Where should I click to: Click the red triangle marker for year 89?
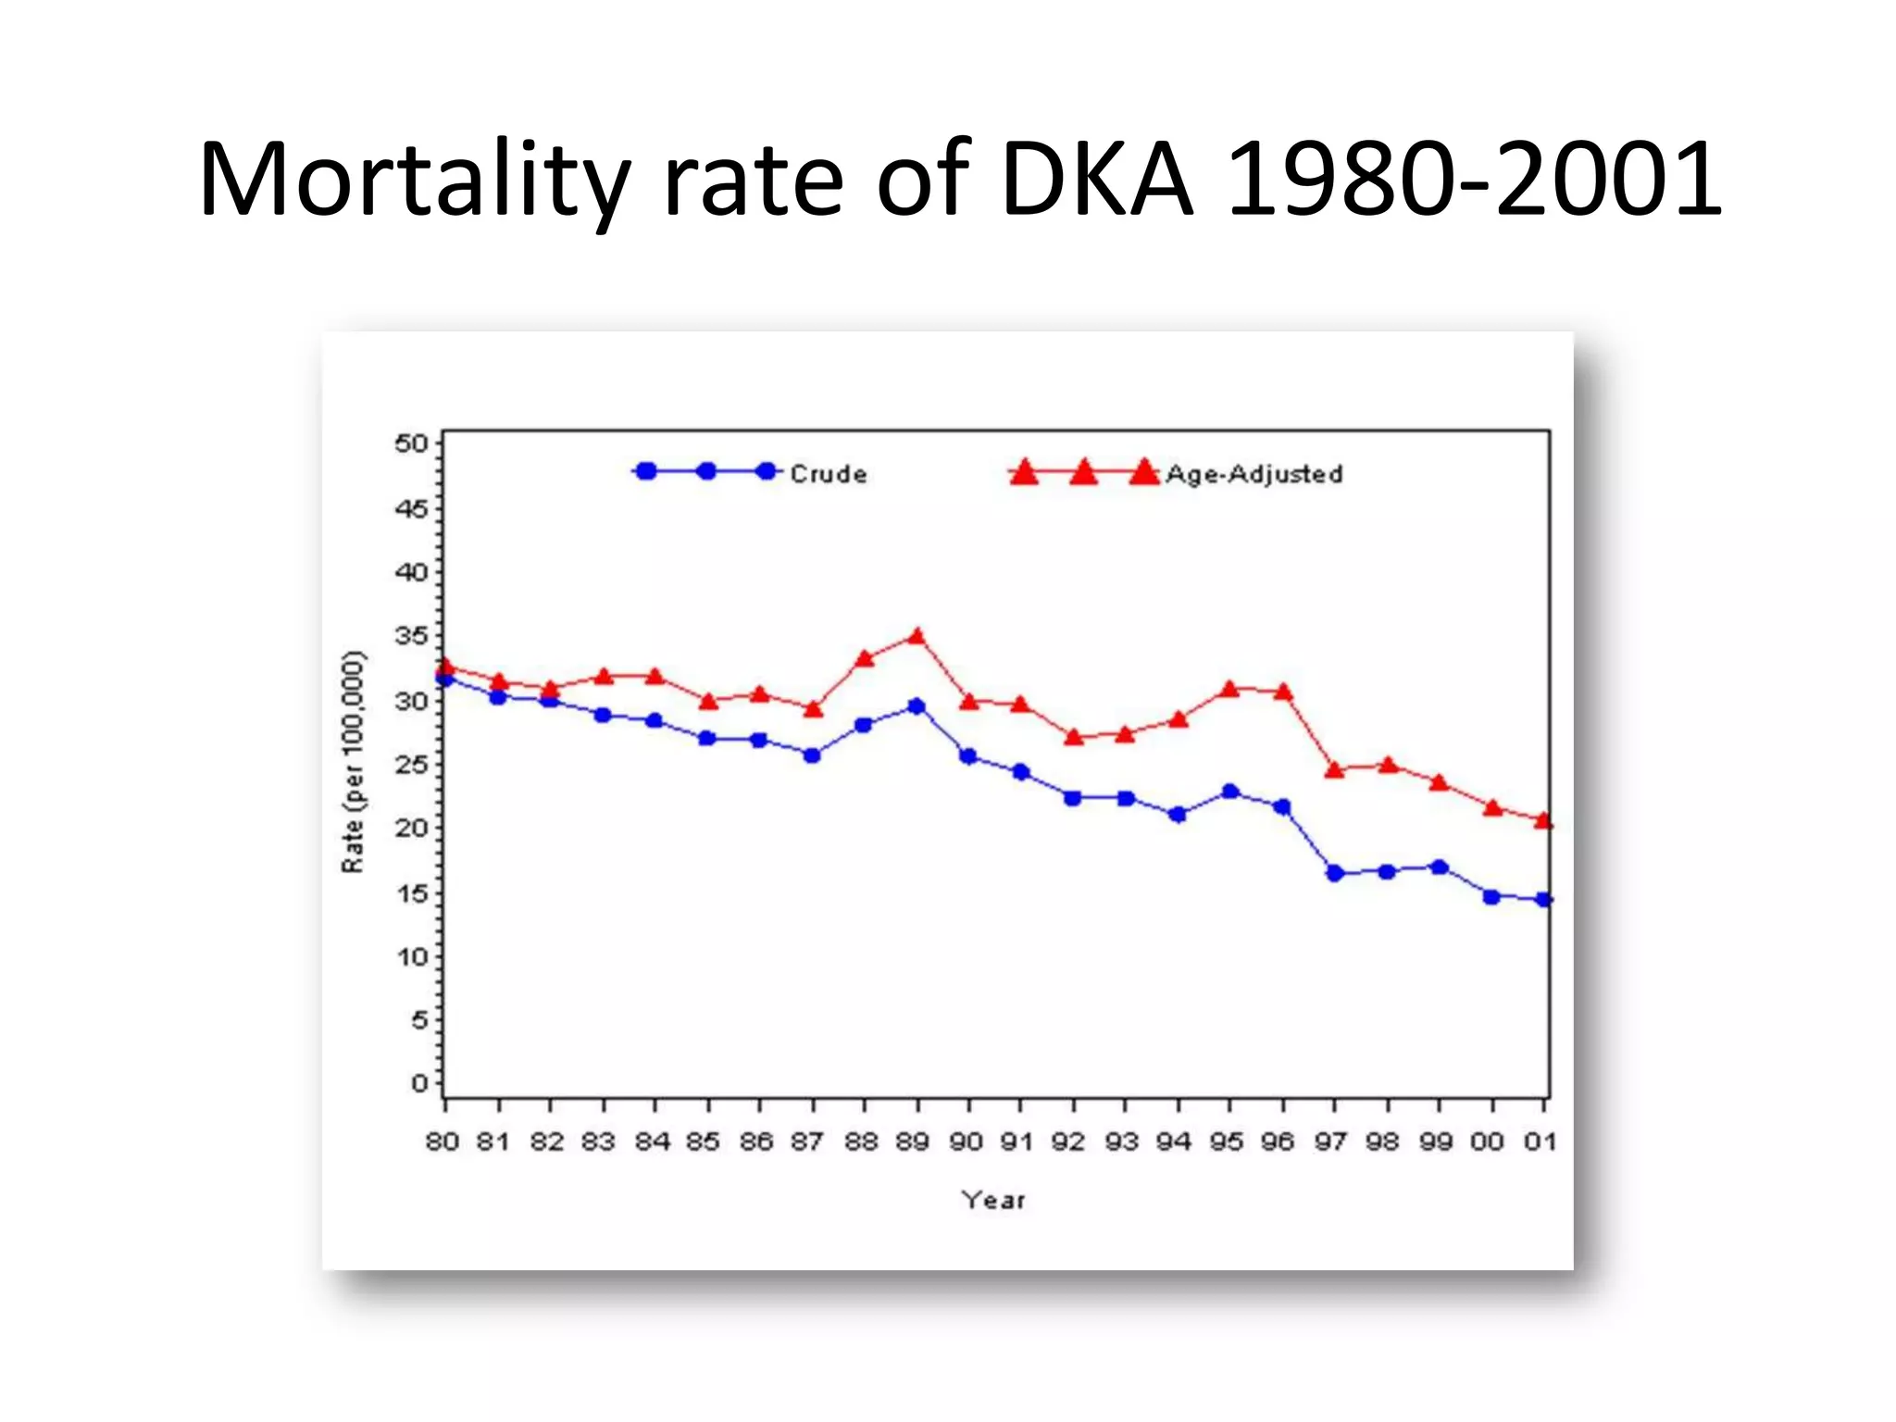click(917, 637)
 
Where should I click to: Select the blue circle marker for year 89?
click(917, 706)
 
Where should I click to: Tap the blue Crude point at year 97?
click(1335, 873)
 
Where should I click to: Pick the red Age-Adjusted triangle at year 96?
click(1283, 692)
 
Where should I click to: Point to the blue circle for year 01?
click(1543, 899)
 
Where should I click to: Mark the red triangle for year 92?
click(1074, 738)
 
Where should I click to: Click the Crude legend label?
click(829, 474)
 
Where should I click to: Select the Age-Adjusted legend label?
click(1254, 474)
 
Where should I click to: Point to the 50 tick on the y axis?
click(412, 443)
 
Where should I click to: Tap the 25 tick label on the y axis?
click(412, 765)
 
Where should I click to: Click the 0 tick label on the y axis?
click(420, 1083)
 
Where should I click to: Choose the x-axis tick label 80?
click(443, 1141)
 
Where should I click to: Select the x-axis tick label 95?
click(1227, 1141)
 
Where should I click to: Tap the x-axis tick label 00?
click(1488, 1141)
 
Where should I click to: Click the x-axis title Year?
click(993, 1200)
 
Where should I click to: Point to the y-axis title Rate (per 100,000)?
click(354, 762)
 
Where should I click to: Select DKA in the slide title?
click(1097, 181)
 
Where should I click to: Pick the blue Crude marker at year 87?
click(812, 755)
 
